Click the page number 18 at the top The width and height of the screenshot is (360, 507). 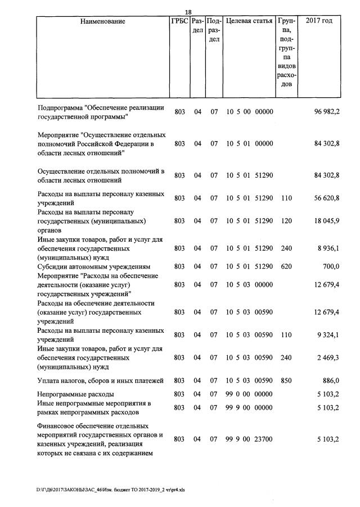click(188, 12)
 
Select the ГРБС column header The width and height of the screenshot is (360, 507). click(179, 21)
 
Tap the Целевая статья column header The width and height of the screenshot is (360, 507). click(249, 21)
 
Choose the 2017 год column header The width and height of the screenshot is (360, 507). click(318, 21)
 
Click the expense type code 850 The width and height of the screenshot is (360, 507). click(286, 381)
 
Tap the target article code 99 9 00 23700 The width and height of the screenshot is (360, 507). click(249, 438)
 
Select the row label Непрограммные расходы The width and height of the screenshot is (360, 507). click(76, 394)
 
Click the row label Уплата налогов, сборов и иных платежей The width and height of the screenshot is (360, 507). click(103, 381)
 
